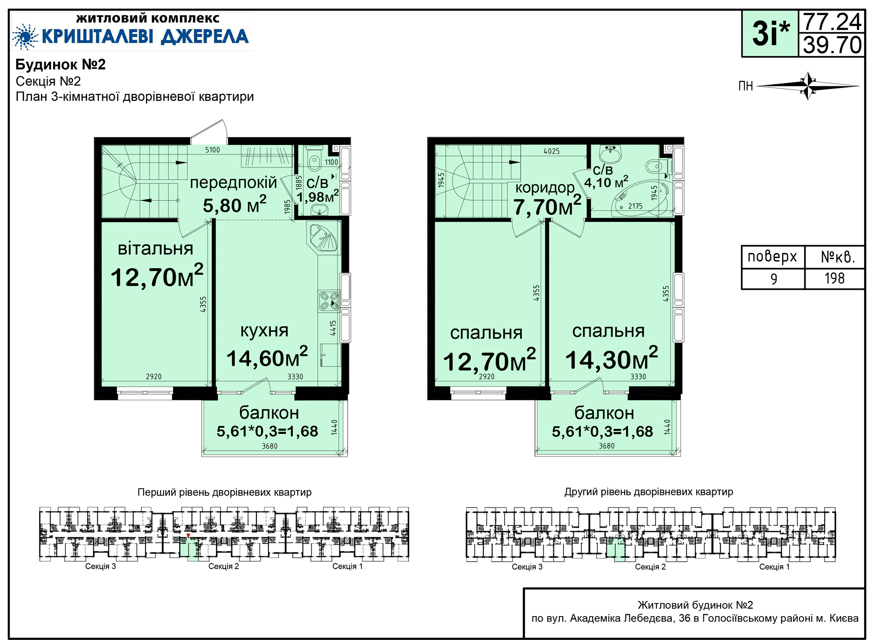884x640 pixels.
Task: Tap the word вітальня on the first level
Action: [x=156, y=248]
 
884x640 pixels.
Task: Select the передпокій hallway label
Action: [x=233, y=183]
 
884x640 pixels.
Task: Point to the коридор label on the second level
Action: [x=545, y=187]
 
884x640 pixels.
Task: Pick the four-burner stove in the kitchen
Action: [x=329, y=301]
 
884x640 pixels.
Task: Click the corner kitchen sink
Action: [x=322, y=238]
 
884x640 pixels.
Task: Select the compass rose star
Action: [x=808, y=86]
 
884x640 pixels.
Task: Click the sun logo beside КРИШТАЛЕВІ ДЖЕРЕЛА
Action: [x=25, y=37]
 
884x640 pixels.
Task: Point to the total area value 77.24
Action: [x=832, y=22]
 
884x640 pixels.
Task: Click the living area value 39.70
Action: [x=832, y=45]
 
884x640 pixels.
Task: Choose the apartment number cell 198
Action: [x=834, y=278]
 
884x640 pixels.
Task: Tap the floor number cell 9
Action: [x=774, y=279]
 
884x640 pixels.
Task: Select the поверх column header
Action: [x=772, y=256]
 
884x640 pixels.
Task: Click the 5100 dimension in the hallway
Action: [x=212, y=150]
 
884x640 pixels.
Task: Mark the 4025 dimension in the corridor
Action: [x=552, y=151]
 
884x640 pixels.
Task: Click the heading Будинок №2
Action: [x=61, y=64]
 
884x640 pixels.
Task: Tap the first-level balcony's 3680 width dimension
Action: [x=270, y=446]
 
